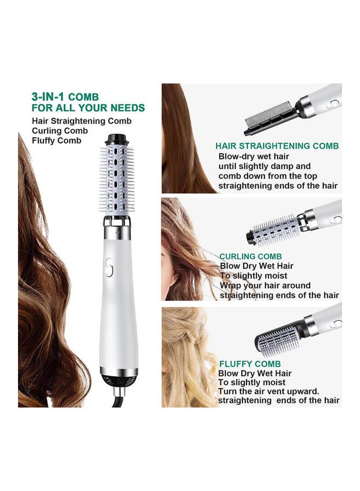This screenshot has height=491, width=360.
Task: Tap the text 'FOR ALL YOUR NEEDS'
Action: pyautogui.click(x=88, y=107)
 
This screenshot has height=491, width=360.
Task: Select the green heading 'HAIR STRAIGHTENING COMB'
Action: pyautogui.click(x=277, y=146)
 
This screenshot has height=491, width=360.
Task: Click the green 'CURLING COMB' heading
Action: pyautogui.click(x=250, y=256)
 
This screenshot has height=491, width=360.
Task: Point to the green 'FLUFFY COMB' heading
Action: pyautogui.click(x=250, y=364)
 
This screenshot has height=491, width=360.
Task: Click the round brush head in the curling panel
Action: pyautogui.click(x=273, y=229)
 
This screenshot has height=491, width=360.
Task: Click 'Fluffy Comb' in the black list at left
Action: pyautogui.click(x=57, y=140)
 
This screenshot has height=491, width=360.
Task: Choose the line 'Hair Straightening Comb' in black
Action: pyautogui.click(x=82, y=121)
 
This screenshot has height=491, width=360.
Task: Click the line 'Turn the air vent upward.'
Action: pyautogui.click(x=268, y=392)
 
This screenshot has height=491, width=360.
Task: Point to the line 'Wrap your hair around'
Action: pyautogui.click(x=265, y=285)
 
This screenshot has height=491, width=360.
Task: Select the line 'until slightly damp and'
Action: pyautogui.click(x=265, y=166)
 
